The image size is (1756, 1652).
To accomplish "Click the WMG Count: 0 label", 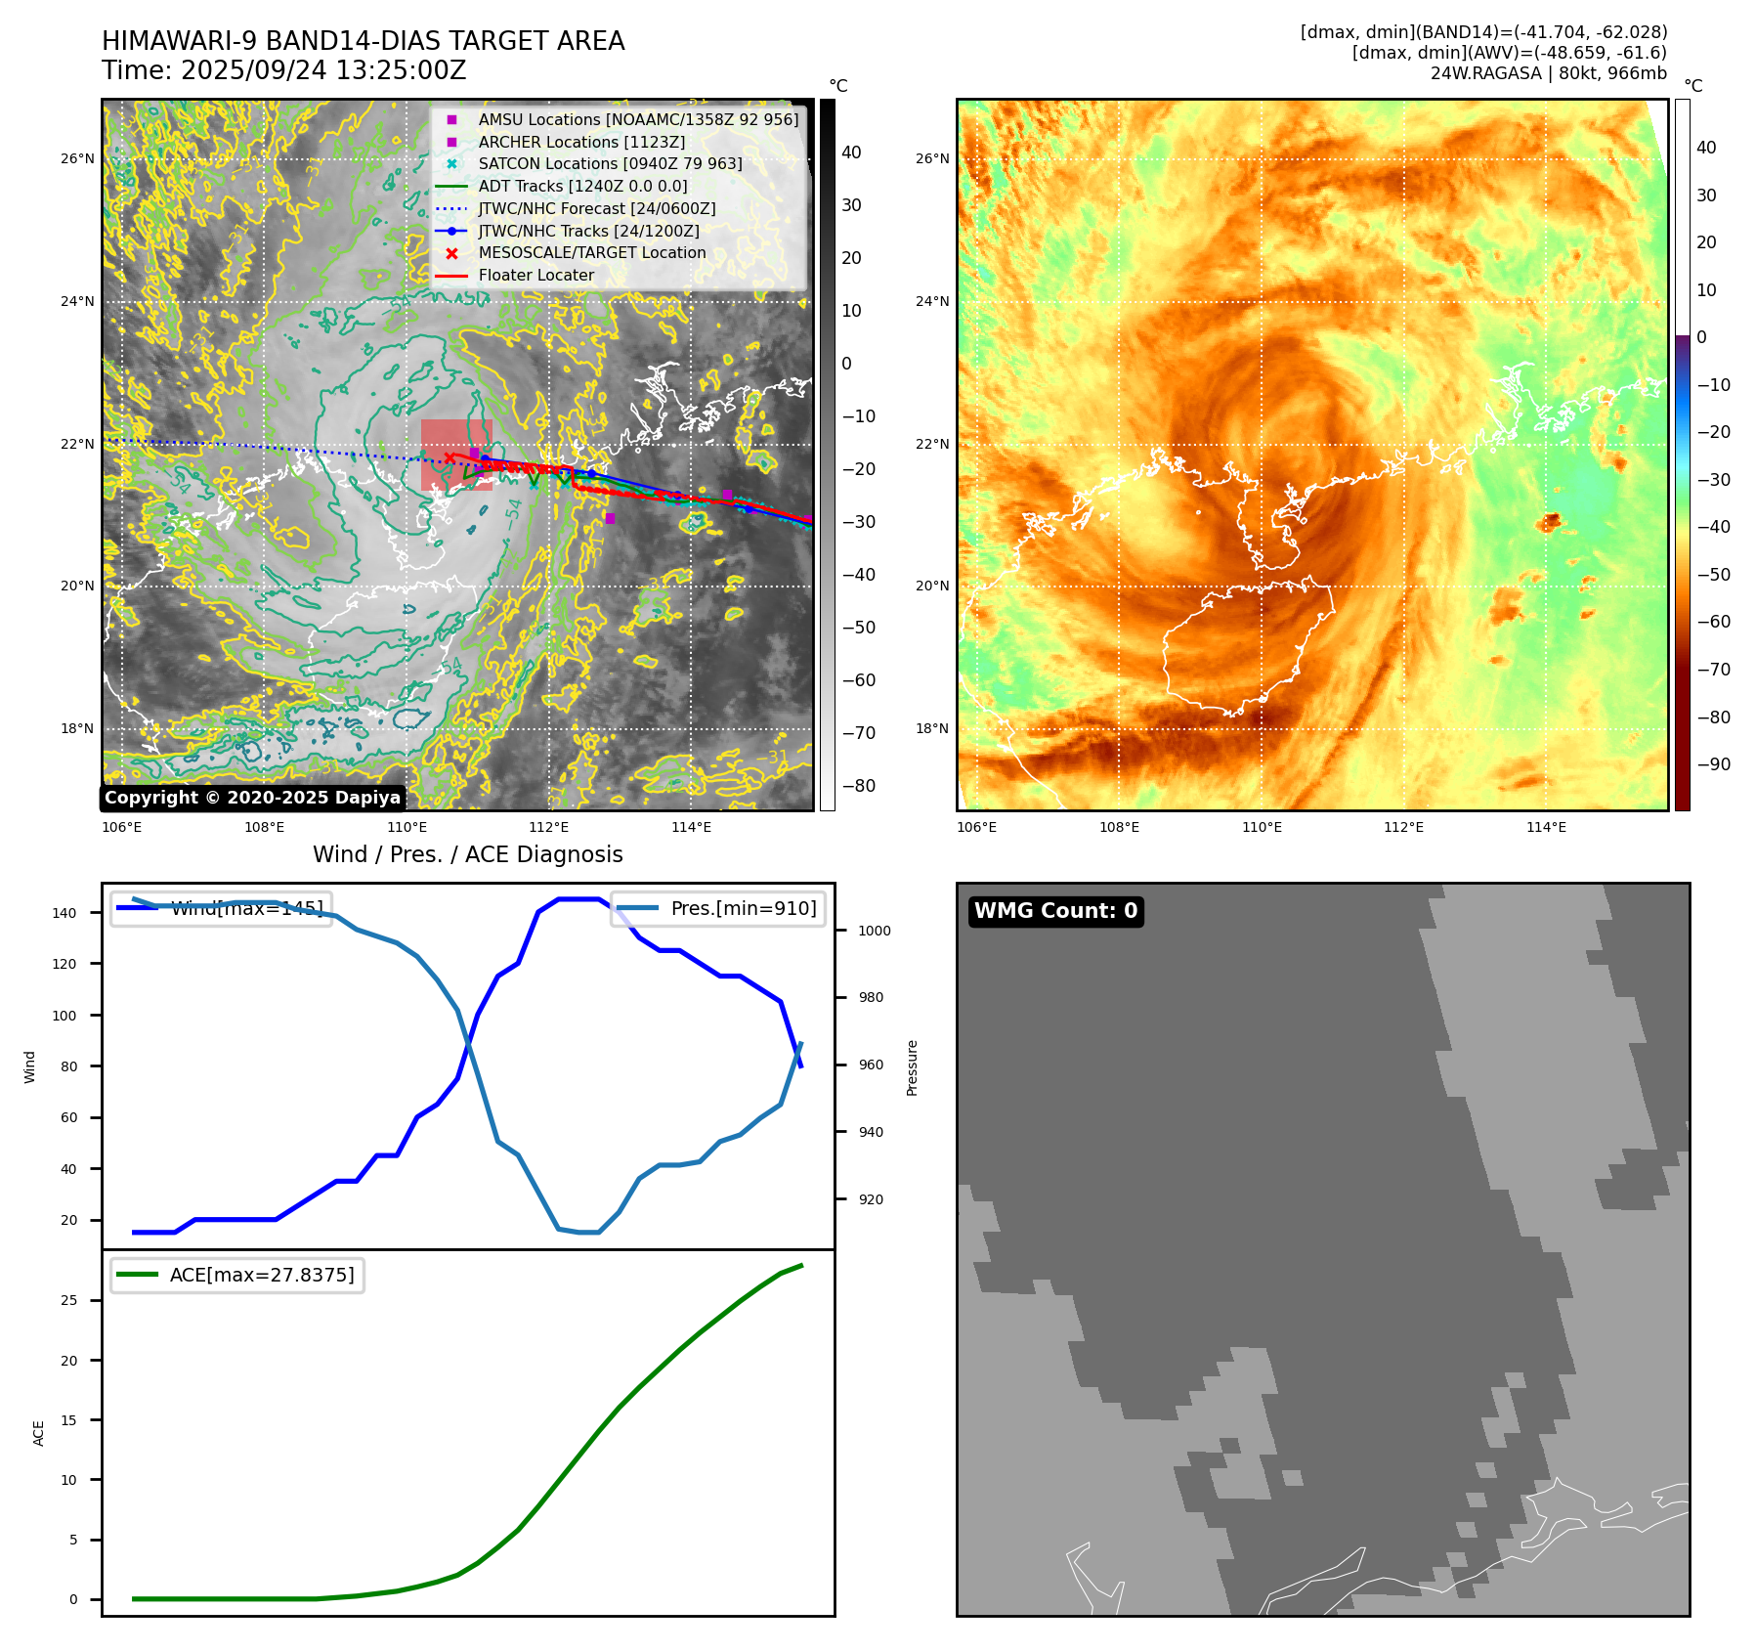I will (x=1055, y=911).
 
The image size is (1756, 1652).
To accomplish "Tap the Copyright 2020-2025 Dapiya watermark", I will (x=252, y=798).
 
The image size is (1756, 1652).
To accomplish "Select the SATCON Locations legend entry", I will (x=610, y=164).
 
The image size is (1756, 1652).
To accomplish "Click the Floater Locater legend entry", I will (x=535, y=276).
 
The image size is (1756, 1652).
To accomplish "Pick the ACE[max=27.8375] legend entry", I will (x=261, y=1276).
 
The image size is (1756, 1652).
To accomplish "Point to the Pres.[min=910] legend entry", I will (x=743, y=909).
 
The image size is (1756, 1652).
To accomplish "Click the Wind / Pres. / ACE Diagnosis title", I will (x=467, y=854).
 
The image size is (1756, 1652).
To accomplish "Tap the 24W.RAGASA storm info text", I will (x=1548, y=73).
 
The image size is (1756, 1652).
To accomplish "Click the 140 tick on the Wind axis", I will (x=64, y=913).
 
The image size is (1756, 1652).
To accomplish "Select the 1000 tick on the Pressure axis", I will (x=875, y=931).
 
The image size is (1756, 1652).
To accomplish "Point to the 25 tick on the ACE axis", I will (x=68, y=1300).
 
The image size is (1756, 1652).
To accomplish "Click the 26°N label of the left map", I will (x=77, y=158).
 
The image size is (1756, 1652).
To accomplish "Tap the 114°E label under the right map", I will (x=1546, y=828).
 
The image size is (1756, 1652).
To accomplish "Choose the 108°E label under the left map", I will (x=264, y=828).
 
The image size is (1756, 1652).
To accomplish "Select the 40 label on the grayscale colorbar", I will (x=851, y=152).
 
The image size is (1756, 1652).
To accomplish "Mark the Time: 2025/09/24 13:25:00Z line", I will (x=283, y=71).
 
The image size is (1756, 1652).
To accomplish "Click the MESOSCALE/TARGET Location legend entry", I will (x=591, y=253).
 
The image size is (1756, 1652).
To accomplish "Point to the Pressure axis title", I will (x=912, y=1067).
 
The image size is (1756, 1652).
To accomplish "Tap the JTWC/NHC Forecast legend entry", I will (x=596, y=209).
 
